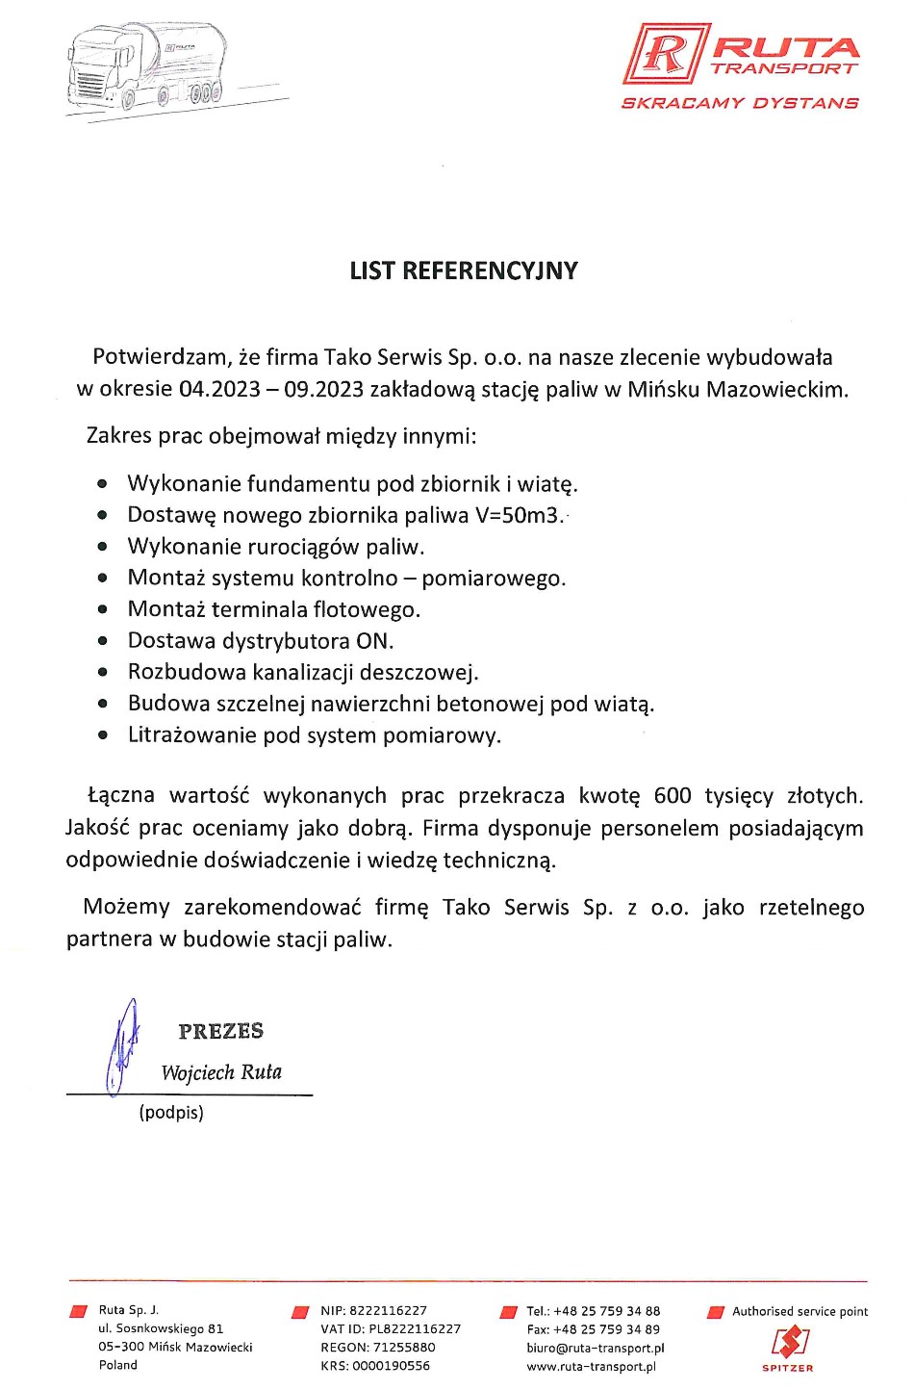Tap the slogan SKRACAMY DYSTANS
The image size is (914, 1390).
click(739, 103)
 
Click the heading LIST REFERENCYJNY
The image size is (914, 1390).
click(464, 270)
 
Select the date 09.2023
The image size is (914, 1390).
click(324, 389)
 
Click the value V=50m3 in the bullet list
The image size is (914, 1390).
click(518, 515)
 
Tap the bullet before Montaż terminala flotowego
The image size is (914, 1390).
click(103, 609)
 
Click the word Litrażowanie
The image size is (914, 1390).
click(188, 735)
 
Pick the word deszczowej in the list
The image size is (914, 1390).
click(425, 672)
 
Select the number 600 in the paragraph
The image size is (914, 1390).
click(673, 795)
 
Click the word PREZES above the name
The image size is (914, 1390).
click(220, 1031)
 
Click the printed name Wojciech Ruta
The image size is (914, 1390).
click(221, 1072)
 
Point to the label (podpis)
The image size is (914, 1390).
click(171, 1113)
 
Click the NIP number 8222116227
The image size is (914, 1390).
click(388, 1310)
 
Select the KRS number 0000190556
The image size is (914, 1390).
click(391, 1366)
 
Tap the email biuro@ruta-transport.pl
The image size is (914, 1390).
click(596, 1348)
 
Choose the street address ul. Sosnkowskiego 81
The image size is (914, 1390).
click(161, 1328)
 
